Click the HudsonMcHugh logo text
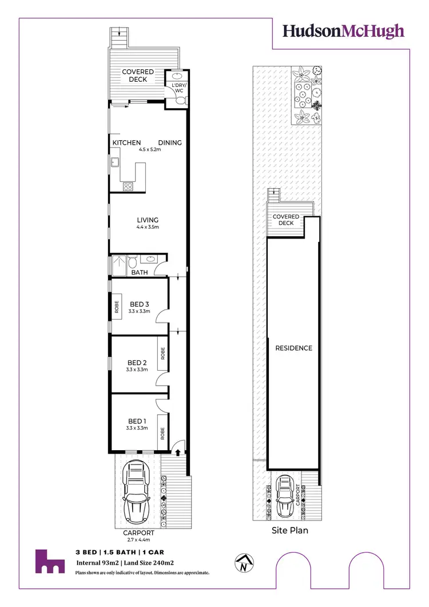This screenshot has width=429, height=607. [344, 31]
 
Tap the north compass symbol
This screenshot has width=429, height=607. [244, 564]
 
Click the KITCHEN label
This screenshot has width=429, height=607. [126, 142]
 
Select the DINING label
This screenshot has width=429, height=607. [170, 142]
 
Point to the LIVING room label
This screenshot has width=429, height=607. [148, 220]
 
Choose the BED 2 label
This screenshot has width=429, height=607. [137, 362]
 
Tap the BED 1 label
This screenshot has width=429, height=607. [137, 421]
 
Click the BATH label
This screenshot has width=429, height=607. [140, 272]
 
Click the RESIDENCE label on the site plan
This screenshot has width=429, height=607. [294, 348]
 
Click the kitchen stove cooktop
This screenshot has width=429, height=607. [128, 186]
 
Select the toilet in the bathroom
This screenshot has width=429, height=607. [132, 263]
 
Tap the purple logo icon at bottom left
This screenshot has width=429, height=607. [49, 562]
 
